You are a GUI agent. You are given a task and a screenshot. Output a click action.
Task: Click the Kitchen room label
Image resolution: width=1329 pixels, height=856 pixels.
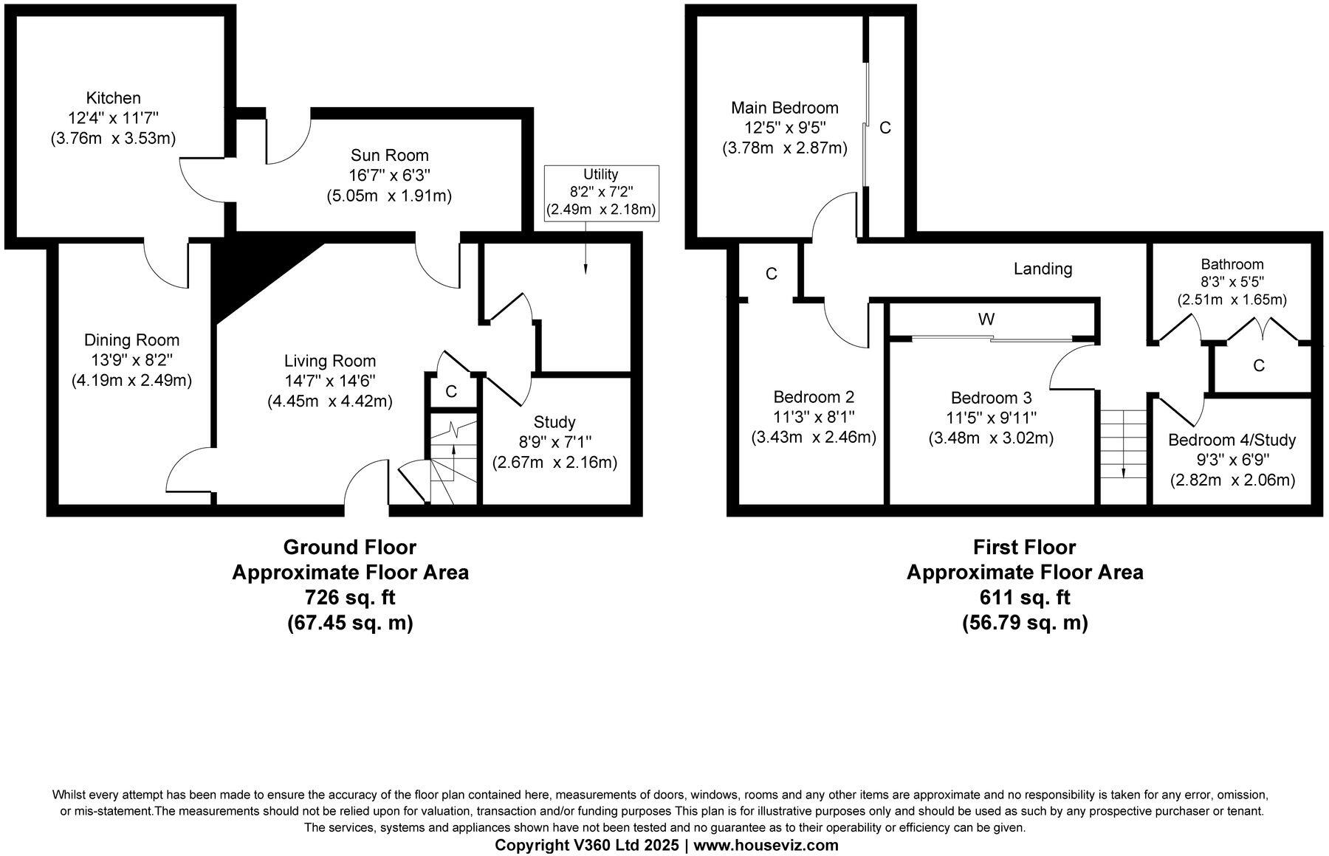tap(113, 97)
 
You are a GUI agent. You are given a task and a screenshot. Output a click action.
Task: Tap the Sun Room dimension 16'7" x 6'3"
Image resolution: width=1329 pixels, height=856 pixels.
tap(389, 176)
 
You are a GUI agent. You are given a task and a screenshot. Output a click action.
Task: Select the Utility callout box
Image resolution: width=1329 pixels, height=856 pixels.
tap(600, 193)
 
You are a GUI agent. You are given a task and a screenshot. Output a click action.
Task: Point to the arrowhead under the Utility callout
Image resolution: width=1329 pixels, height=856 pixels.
tap(585, 271)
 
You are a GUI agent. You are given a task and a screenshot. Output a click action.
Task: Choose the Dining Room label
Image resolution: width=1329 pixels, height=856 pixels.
tap(131, 340)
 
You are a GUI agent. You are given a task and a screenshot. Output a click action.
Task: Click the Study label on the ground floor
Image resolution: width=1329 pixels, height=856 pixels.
tap(554, 422)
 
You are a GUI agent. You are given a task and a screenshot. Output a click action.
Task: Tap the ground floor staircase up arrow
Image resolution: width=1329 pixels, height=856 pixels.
tap(453, 447)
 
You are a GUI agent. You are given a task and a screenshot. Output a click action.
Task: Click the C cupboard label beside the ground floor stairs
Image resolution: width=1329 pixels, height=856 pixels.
tap(451, 391)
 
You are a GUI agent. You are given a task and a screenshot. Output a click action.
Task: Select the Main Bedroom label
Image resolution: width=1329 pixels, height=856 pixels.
tap(784, 108)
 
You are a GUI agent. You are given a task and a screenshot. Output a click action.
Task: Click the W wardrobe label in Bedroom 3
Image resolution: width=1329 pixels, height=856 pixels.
tap(986, 319)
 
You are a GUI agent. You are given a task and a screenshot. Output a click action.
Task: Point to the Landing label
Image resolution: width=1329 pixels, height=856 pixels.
tap(1043, 269)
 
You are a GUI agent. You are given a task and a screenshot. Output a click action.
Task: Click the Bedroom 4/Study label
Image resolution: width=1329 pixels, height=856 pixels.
tap(1232, 441)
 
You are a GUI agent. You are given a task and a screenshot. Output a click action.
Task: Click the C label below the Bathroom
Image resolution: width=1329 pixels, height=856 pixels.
tap(1259, 365)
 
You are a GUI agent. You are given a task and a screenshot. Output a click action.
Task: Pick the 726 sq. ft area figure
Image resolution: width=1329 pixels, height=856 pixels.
tap(350, 597)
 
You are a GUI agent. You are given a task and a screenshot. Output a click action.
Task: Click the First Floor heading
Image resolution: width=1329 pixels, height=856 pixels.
tap(1024, 547)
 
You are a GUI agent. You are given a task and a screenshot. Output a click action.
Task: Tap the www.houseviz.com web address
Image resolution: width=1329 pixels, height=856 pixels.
tap(767, 845)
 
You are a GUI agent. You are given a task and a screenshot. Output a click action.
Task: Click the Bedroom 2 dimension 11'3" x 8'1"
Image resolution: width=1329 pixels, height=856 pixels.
tap(814, 417)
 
